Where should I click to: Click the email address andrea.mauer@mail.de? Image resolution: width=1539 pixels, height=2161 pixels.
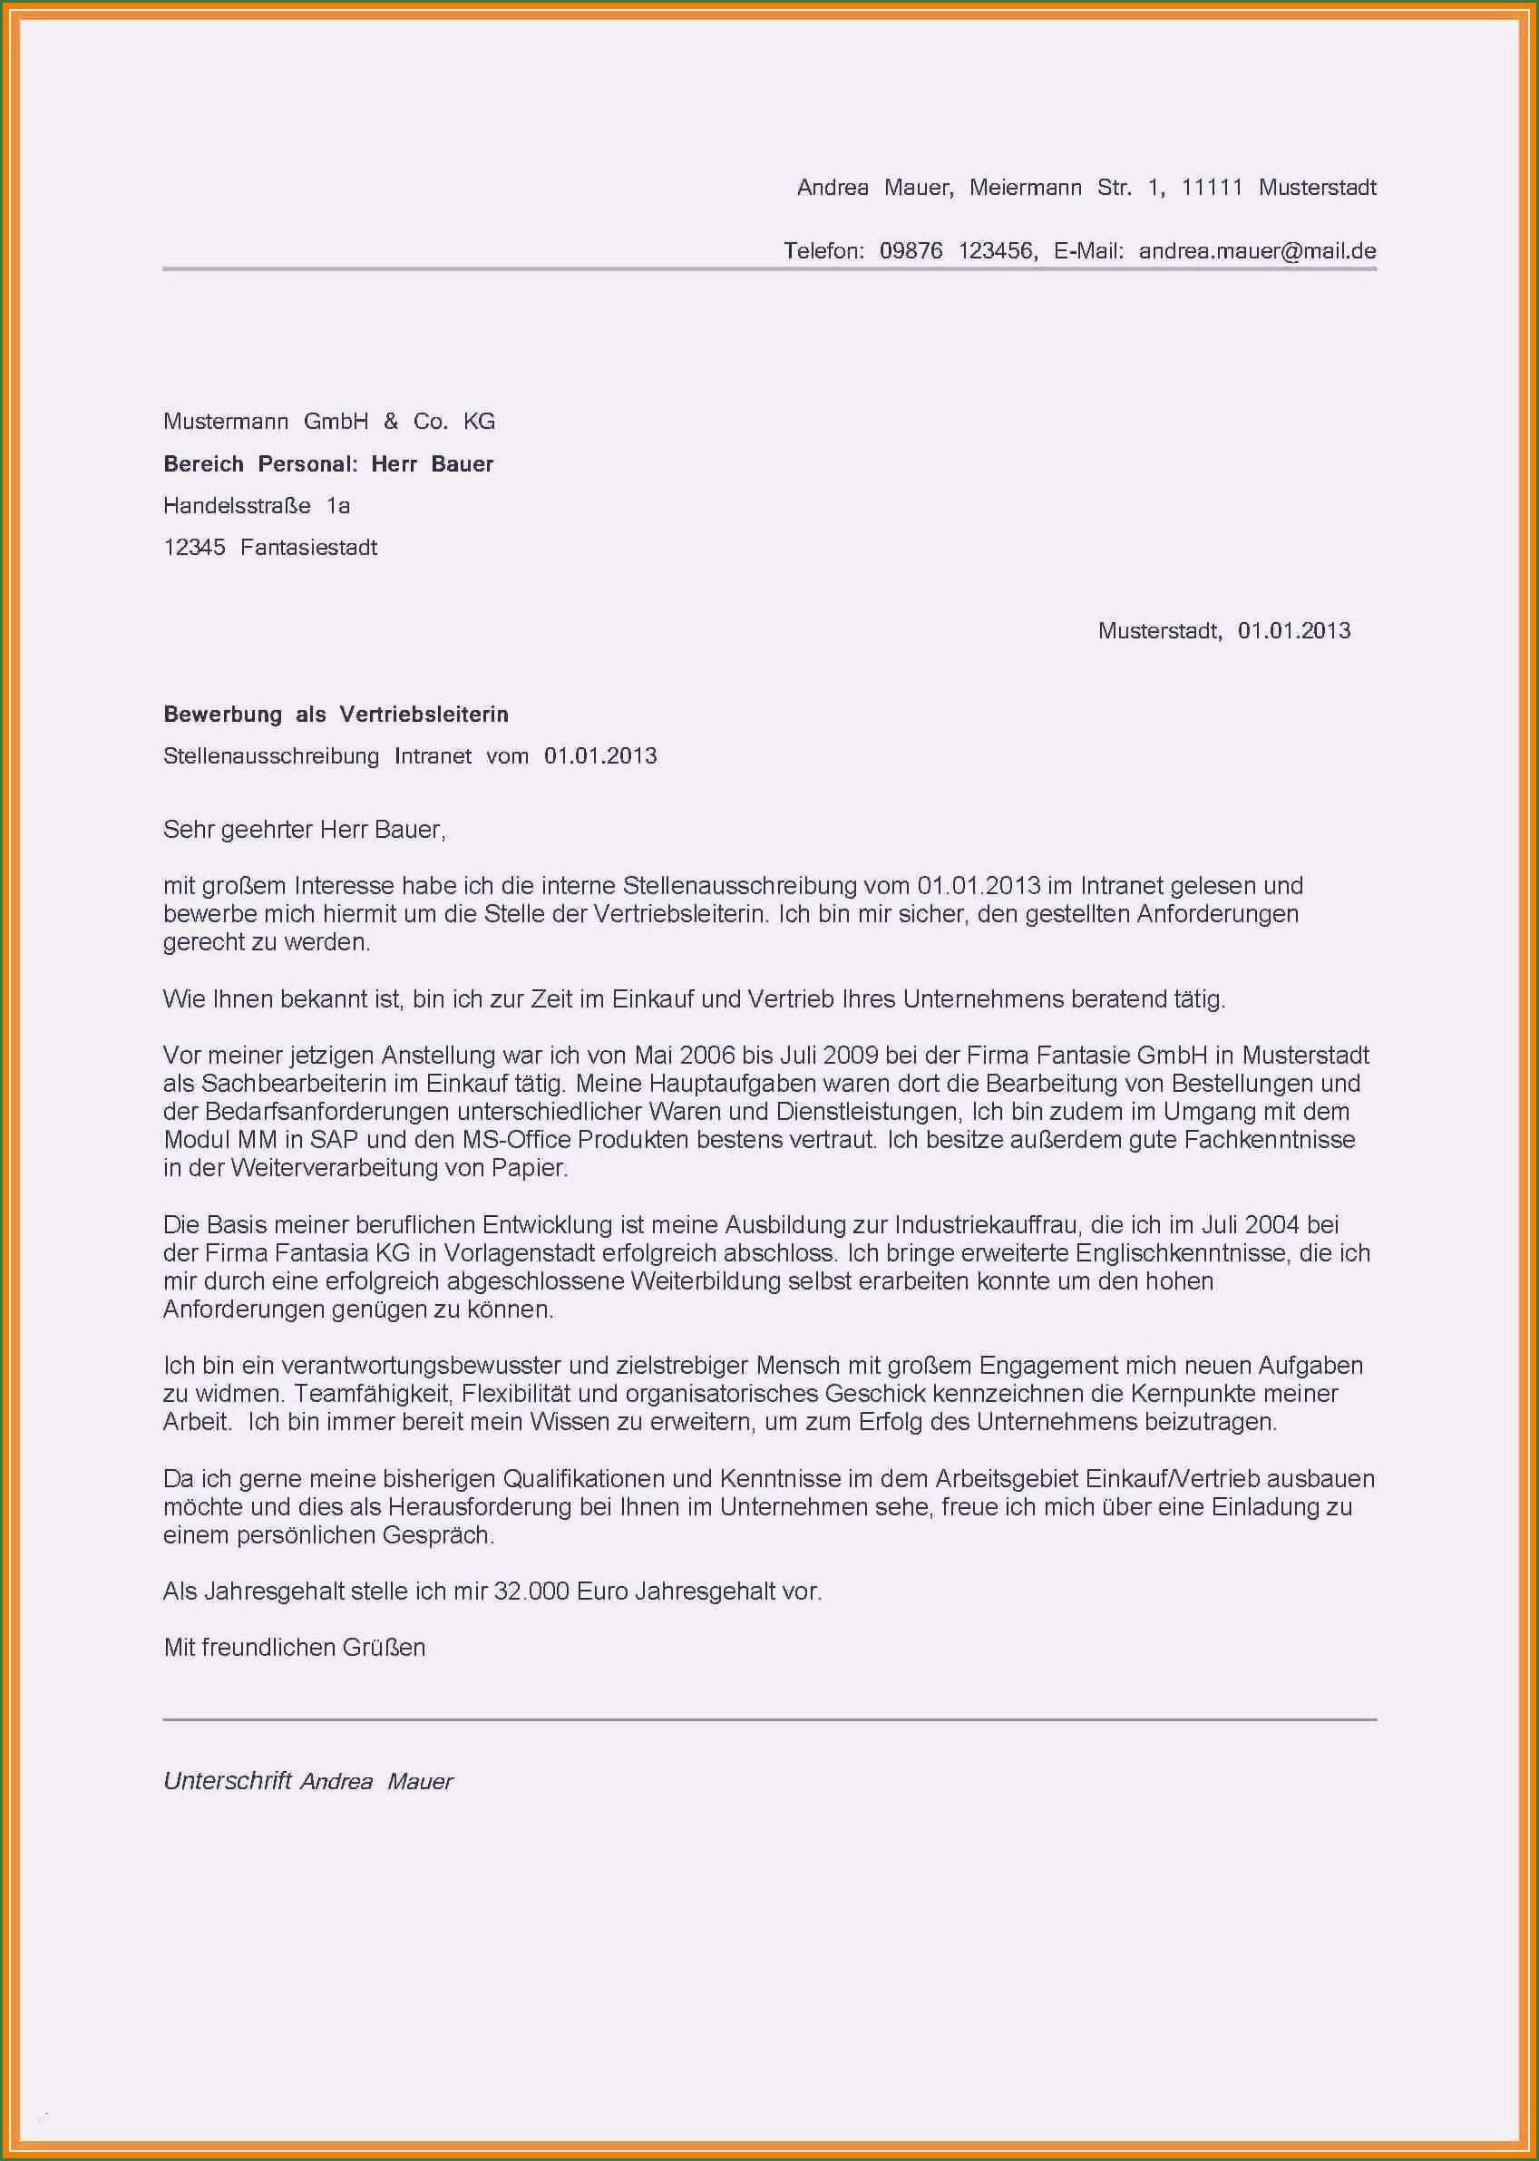[1257, 251]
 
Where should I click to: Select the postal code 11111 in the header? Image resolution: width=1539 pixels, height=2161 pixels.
[1211, 188]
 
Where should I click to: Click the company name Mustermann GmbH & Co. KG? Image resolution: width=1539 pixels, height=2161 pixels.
[329, 422]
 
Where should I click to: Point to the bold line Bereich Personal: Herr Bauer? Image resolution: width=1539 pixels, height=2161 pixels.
[328, 464]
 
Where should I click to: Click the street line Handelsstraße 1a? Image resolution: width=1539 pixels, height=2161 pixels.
[257, 506]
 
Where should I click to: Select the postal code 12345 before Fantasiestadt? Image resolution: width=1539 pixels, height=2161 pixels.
[194, 548]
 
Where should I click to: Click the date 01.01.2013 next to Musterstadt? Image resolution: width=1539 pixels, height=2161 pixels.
[1293, 631]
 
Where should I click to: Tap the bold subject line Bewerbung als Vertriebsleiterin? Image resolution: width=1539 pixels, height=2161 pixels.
[336, 715]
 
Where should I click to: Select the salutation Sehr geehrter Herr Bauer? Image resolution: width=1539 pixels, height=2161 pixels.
[304, 830]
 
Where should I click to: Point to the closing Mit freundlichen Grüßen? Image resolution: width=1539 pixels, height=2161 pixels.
[295, 1648]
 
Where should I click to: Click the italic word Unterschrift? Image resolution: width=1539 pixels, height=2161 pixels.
[227, 1781]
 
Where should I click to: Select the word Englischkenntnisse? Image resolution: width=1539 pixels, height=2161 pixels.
[1182, 1253]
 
